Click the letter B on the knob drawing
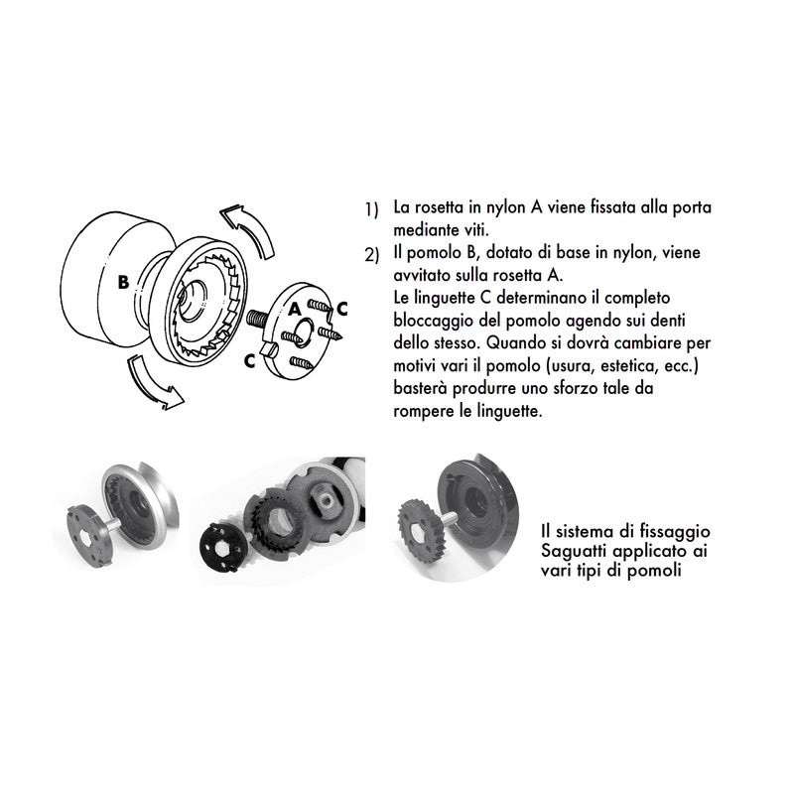pos(123,281)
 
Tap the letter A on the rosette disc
pos(295,309)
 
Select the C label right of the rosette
pos(341,308)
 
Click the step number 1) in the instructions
pos(371,211)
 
